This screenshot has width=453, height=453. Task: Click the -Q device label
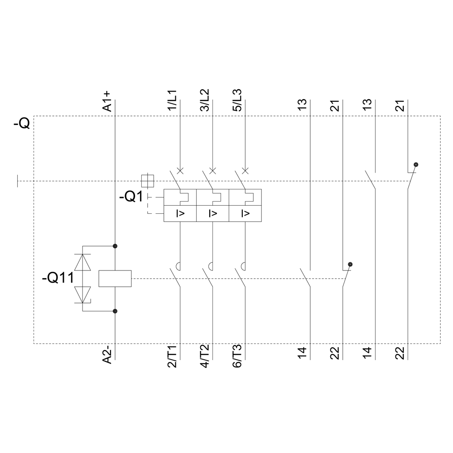click(22, 124)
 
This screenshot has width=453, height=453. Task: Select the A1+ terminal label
click(107, 101)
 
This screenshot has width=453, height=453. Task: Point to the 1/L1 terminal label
click(172, 100)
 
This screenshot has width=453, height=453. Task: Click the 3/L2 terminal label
click(205, 100)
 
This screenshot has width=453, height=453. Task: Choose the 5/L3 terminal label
click(237, 100)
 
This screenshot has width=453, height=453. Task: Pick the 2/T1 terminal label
click(172, 356)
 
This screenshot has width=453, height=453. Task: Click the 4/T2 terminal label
click(205, 356)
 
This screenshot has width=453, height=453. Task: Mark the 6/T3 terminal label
click(237, 356)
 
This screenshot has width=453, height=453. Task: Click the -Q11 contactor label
click(58, 278)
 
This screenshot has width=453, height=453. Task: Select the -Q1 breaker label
click(131, 197)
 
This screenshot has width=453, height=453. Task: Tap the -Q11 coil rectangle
click(115, 279)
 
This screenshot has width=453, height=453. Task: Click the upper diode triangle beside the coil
click(82, 262)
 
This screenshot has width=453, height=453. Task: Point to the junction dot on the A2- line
click(115, 311)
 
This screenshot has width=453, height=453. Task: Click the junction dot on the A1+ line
click(115, 246)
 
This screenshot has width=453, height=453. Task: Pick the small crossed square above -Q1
click(147, 181)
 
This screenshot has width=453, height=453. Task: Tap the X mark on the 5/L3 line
click(245, 171)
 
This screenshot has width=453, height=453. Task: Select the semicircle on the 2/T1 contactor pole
click(178, 266)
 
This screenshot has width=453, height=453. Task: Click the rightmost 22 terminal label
click(400, 353)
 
